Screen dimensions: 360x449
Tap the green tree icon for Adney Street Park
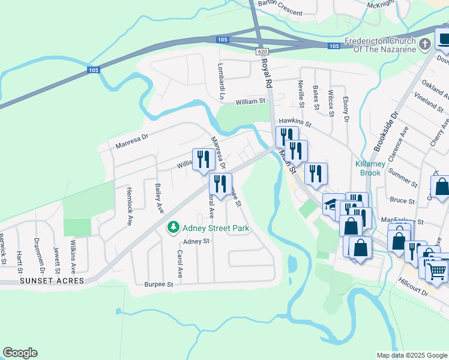coord(173,227)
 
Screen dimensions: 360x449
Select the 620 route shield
coord(262,52)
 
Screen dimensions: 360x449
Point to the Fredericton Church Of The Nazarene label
coord(380,45)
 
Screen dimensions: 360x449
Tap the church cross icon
coord(425,44)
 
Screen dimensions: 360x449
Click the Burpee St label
coord(158,284)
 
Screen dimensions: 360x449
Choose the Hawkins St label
coord(295,122)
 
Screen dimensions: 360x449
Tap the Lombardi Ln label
coord(220,86)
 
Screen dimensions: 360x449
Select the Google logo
coord(20,353)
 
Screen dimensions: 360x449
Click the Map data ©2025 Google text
coord(411,355)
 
